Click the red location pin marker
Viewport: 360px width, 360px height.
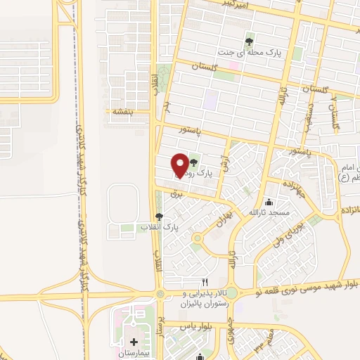[180, 165]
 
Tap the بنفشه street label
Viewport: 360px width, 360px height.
[119, 111]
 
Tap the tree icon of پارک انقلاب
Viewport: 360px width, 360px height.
[159, 217]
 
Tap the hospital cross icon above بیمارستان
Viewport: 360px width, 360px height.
[134, 342]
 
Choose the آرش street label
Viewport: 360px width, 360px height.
[225, 165]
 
